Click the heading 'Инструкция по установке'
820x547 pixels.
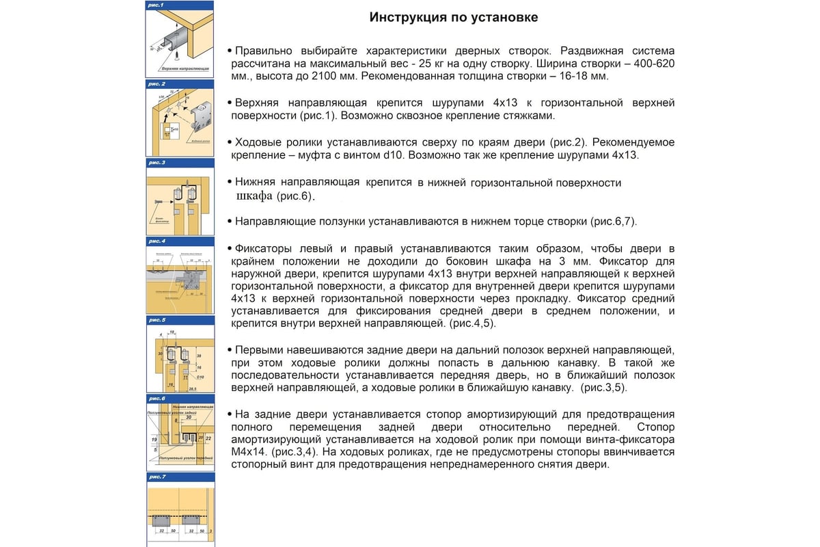(x=454, y=17)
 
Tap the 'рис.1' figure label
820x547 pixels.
(x=156, y=5)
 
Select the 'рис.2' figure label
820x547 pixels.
(x=156, y=83)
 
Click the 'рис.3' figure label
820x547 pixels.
(x=156, y=163)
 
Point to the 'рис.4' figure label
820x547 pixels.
(x=156, y=241)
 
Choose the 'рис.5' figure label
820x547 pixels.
(x=156, y=319)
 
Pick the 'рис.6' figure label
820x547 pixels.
(x=156, y=398)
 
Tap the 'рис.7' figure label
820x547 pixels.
(x=156, y=476)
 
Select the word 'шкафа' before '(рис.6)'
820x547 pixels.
(x=254, y=196)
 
